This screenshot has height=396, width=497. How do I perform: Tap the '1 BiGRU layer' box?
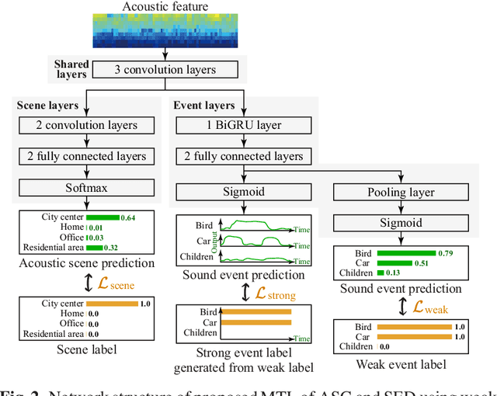click(243, 125)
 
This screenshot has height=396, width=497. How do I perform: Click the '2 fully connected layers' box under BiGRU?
click(243, 156)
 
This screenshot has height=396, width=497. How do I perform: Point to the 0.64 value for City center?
click(128, 217)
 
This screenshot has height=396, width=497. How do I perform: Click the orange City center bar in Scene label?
click(111, 304)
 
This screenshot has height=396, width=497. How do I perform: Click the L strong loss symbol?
click(270, 294)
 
